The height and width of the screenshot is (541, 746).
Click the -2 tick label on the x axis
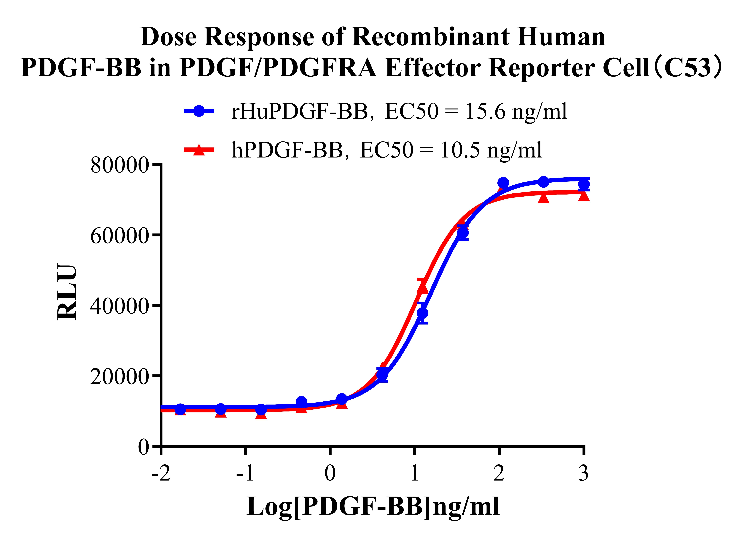point(161,474)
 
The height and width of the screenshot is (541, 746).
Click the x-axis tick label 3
point(584,474)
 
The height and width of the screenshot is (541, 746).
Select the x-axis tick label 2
point(499,474)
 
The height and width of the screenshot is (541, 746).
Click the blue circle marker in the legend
point(199,111)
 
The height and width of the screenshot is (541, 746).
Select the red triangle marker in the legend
point(199,150)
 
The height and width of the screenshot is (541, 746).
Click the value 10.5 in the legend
point(460,150)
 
